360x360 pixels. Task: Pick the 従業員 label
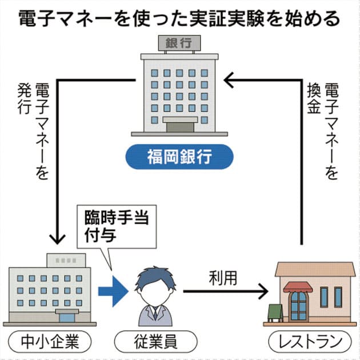tap(155, 342)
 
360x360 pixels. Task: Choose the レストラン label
tap(309, 342)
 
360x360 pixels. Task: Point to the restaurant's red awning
tap(298, 287)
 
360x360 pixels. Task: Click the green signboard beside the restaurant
tap(276, 311)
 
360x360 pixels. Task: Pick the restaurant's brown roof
tap(315, 269)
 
